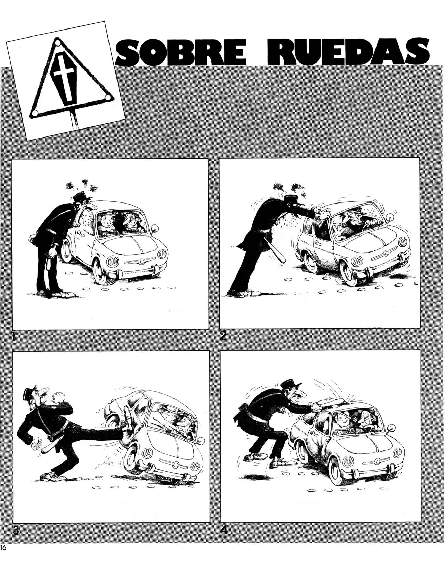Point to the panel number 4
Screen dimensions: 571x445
coord(224,530)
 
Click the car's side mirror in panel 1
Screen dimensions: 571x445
coord(155,229)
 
